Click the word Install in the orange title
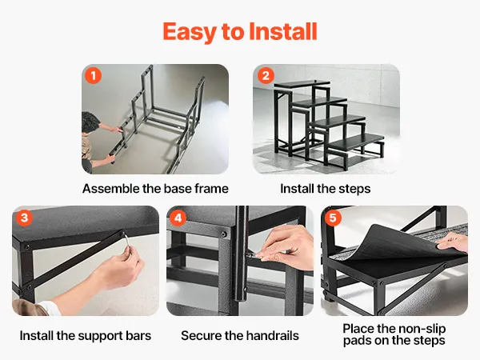[x=283, y=31]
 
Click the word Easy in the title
[x=189, y=33]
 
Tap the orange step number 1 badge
[x=93, y=75]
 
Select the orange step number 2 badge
[x=266, y=75]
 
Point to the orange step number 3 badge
[x=24, y=218]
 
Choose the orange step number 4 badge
[x=178, y=218]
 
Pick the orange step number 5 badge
[x=333, y=218]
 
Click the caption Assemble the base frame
[x=155, y=189]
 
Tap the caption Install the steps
[x=326, y=189]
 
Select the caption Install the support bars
[x=86, y=335]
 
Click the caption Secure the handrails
[x=240, y=335]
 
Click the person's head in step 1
[x=90, y=122]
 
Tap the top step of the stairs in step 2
[x=302, y=83]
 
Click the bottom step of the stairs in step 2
[x=357, y=142]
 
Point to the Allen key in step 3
[x=127, y=242]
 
